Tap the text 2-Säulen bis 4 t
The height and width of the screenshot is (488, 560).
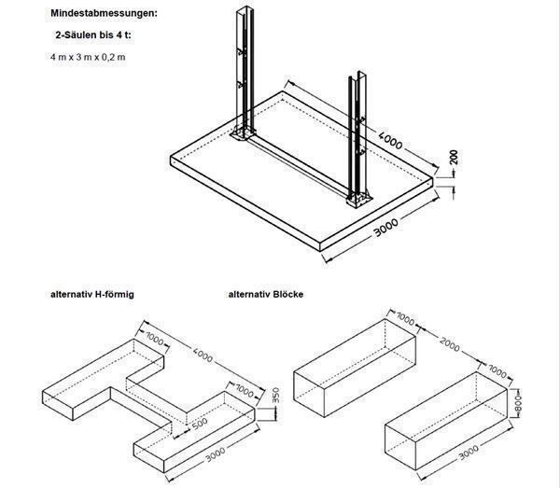pyautogui.click(x=91, y=34)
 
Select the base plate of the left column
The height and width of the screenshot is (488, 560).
pyautogui.click(x=244, y=138)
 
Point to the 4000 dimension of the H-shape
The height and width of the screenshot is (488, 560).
pyautogui.click(x=199, y=357)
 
